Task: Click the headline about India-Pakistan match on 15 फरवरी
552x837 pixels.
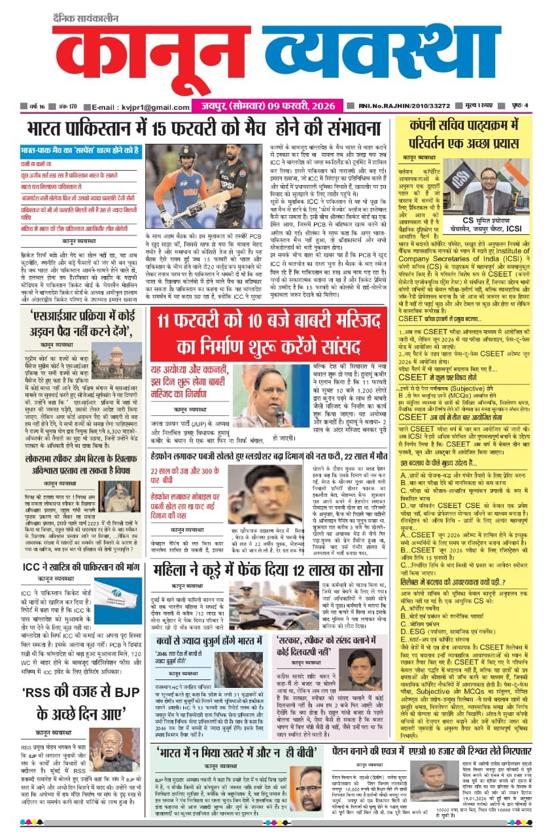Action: [x=216, y=128]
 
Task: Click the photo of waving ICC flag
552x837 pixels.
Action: [x=117, y=600]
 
